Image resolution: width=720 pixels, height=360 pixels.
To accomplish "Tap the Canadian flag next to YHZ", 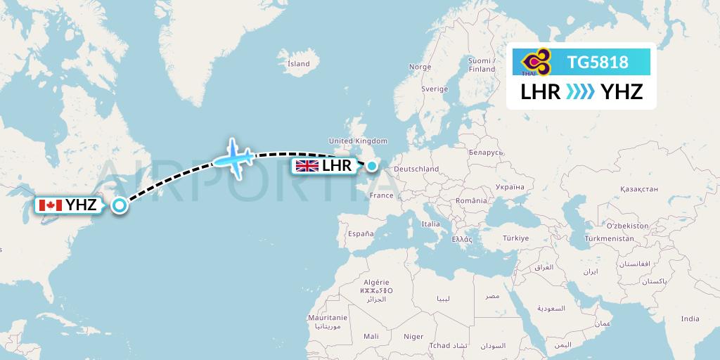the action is tap(50, 205).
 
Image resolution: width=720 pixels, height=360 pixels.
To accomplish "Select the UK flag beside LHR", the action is tap(307, 166).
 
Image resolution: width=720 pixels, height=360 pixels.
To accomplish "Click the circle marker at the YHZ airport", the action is tap(120, 205).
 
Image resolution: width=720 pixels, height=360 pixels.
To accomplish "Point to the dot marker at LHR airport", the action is tap(371, 166).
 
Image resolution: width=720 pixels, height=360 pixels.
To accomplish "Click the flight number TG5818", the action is tap(597, 63).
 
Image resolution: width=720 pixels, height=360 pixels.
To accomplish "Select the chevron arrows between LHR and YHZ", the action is tap(581, 91).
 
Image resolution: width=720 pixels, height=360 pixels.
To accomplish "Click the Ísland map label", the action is tap(298, 64).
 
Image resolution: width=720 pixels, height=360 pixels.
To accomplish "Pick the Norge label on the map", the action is tap(420, 67).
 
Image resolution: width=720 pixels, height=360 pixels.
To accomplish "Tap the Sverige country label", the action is tap(434, 89).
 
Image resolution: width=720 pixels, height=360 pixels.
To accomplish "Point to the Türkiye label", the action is tap(515, 238).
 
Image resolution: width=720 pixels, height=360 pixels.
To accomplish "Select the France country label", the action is tap(382, 195).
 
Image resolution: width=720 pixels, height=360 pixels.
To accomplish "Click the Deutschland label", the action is tap(416, 169).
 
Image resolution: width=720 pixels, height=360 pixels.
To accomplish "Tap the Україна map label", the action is tap(510, 187).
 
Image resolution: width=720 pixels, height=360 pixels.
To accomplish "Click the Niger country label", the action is tap(414, 337).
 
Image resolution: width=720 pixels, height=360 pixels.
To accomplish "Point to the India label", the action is tap(690, 319).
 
